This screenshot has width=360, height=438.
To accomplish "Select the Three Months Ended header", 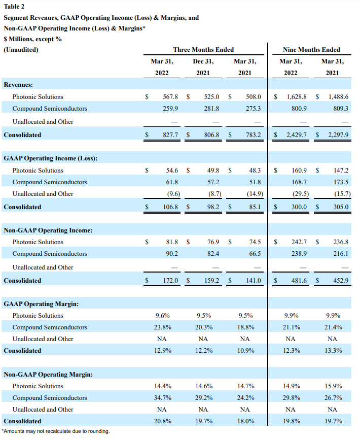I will (x=203, y=50).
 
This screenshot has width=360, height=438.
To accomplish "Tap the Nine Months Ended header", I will (x=311, y=50).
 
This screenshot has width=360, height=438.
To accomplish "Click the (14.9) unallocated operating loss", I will (x=252, y=194).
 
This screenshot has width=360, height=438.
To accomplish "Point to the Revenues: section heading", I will (x=18, y=84).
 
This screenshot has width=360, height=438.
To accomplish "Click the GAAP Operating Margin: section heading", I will (x=41, y=304).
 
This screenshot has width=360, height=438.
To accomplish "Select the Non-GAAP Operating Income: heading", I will (x=48, y=230).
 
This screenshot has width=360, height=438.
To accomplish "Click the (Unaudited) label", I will (x=21, y=50).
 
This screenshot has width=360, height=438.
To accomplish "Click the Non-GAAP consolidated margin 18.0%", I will (x=245, y=421).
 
